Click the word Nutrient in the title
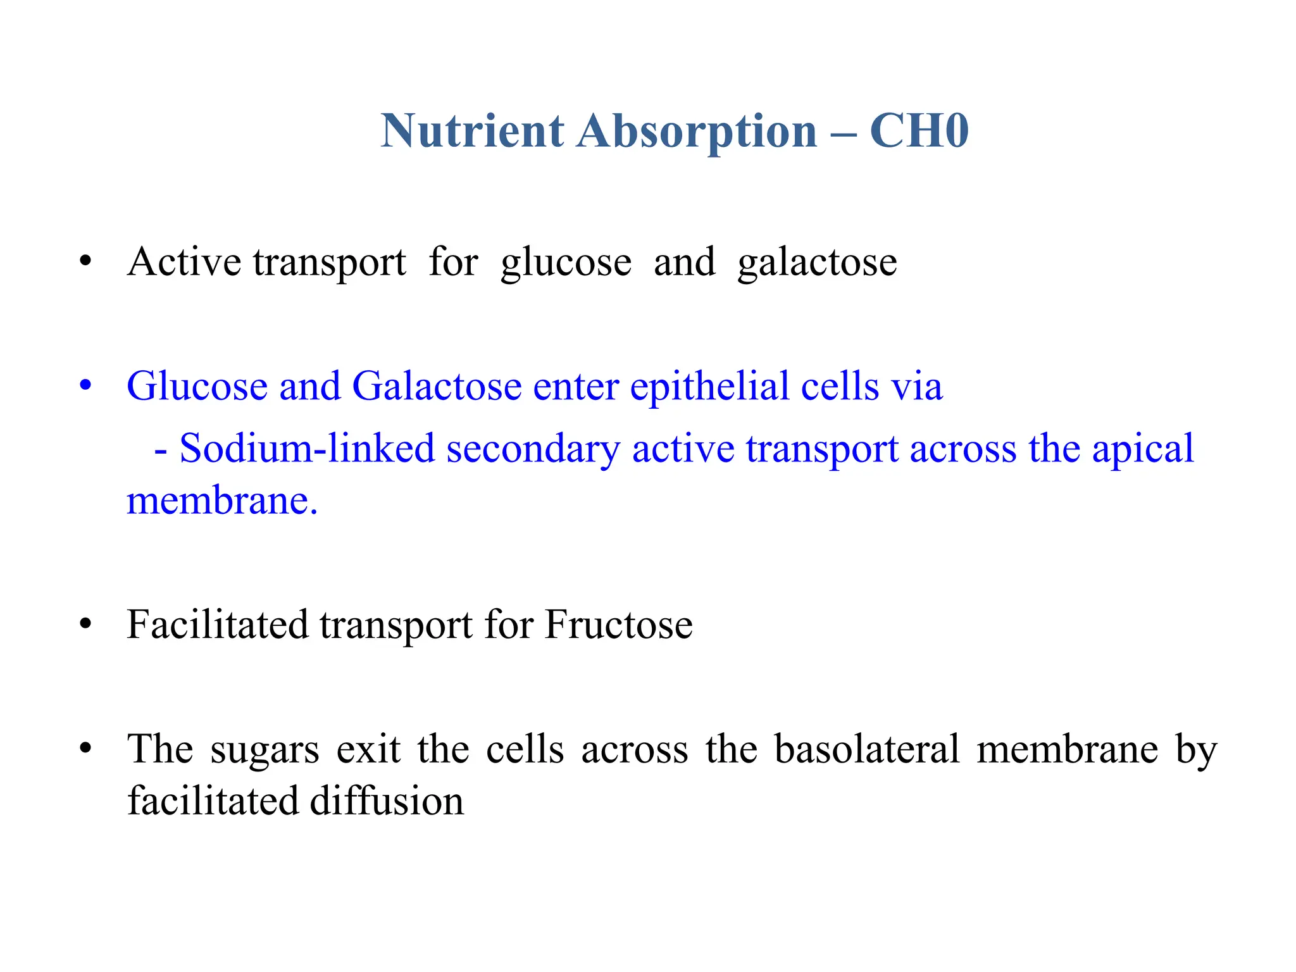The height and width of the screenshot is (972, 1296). coord(472,131)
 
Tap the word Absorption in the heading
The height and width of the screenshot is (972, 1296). coord(697,131)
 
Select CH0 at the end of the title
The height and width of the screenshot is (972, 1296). coord(919,131)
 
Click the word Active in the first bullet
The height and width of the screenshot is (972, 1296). coord(184,261)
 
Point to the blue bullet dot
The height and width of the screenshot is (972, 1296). coord(85,385)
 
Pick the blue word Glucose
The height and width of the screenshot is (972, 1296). coord(197,386)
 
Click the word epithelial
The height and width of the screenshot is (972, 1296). coord(709,386)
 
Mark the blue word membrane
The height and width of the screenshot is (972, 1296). coord(218,501)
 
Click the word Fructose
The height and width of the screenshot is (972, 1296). coord(618,625)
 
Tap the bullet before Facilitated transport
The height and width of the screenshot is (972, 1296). coord(85,625)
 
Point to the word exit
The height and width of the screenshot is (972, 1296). coord(368,749)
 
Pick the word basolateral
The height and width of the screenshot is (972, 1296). coord(867,749)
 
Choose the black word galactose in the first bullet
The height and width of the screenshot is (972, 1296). coord(817,263)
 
